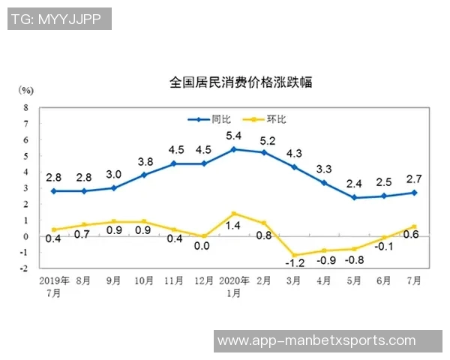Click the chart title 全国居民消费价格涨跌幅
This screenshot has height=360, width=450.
click(241, 82)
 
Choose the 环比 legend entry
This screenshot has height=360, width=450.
click(277, 119)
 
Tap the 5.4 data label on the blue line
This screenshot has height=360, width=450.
click(233, 136)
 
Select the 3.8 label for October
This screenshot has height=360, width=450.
click(145, 161)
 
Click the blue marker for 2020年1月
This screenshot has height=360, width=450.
click(234, 149)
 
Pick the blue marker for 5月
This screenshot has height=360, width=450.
click(355, 198)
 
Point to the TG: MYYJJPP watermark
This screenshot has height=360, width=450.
click(59, 19)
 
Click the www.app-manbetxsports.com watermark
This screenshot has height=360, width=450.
click(316, 340)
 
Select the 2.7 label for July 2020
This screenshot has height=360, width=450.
click(414, 178)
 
